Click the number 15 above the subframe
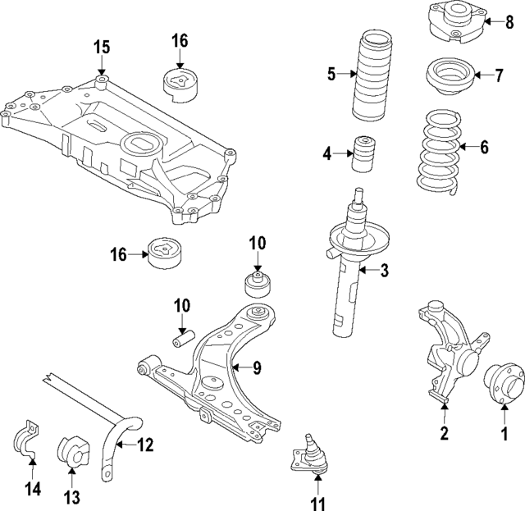click(x=100, y=47)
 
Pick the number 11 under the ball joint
click(x=317, y=502)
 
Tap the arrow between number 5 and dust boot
click(x=345, y=75)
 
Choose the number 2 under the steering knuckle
click(x=444, y=434)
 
